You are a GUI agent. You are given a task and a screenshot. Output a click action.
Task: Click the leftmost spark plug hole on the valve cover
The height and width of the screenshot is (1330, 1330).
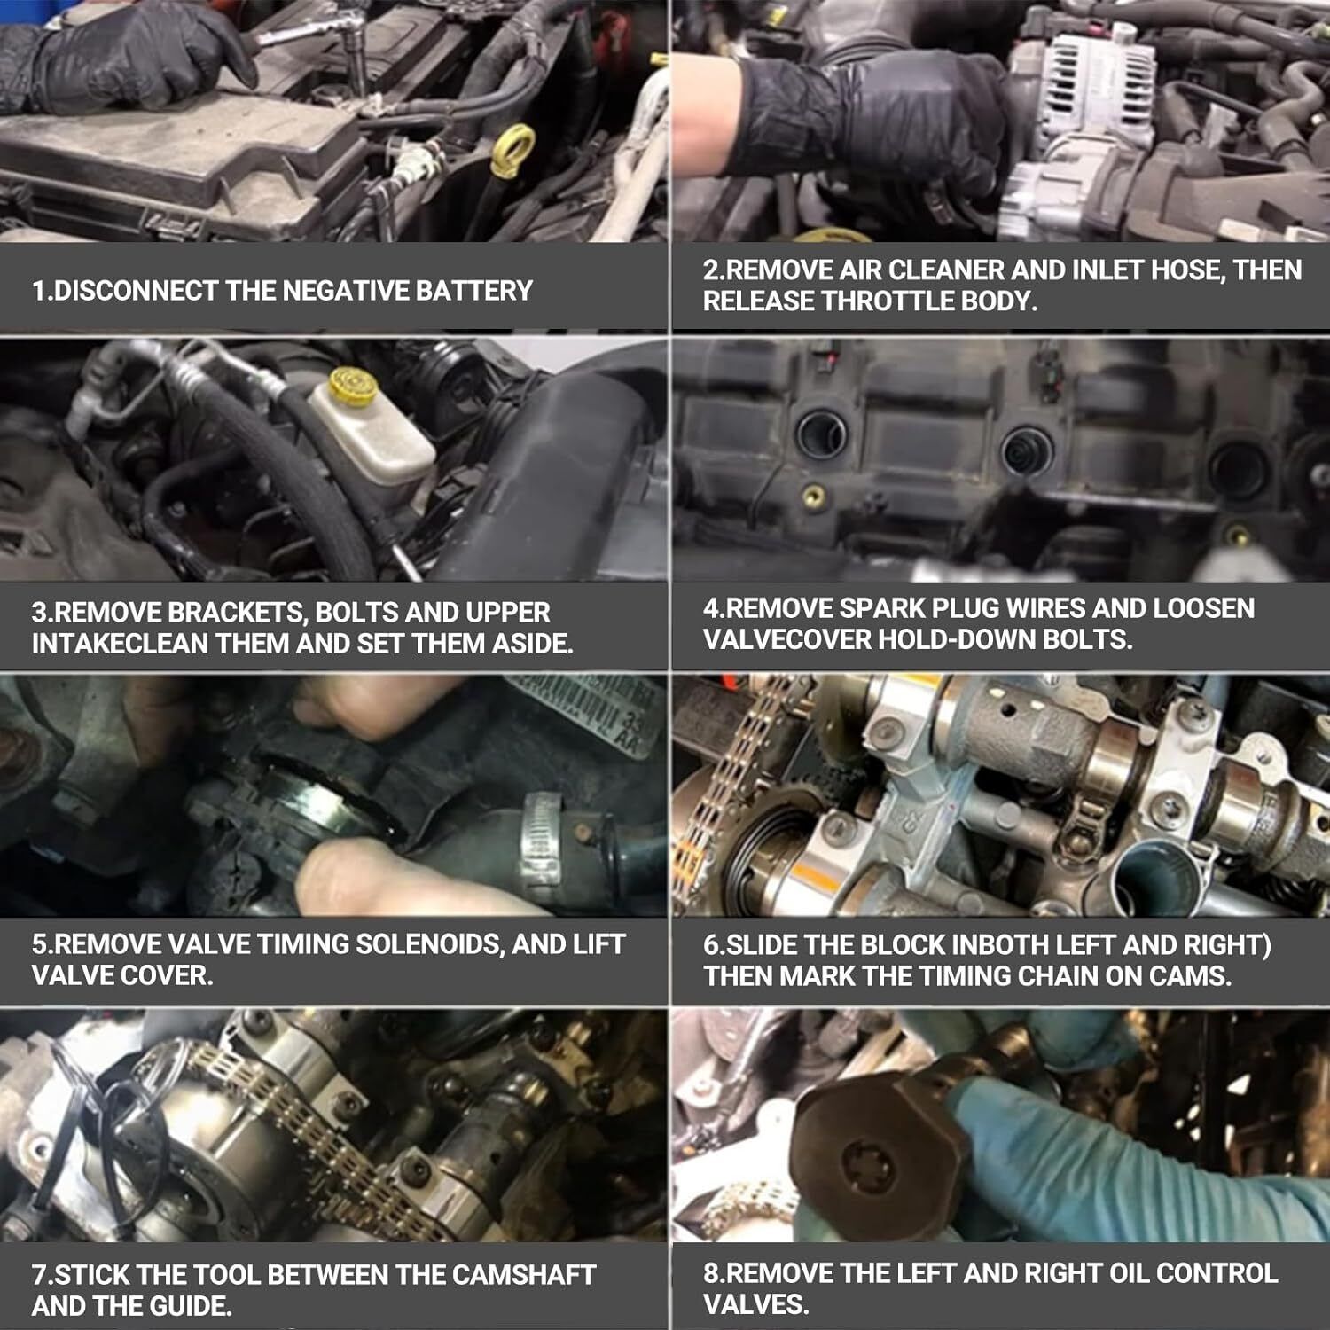tap(822, 435)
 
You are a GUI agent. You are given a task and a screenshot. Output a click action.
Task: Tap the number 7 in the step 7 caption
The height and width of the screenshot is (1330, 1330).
tap(39, 1275)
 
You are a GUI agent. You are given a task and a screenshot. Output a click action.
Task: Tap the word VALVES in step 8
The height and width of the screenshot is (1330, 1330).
tap(753, 1304)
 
